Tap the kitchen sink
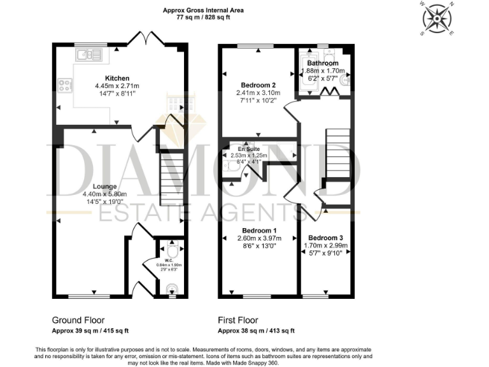click(87, 55)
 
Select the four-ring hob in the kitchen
click(65, 85)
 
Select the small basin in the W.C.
click(169, 291)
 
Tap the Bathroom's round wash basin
click(344, 80)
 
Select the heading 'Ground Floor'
click(78, 320)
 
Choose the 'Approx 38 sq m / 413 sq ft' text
click(256, 331)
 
